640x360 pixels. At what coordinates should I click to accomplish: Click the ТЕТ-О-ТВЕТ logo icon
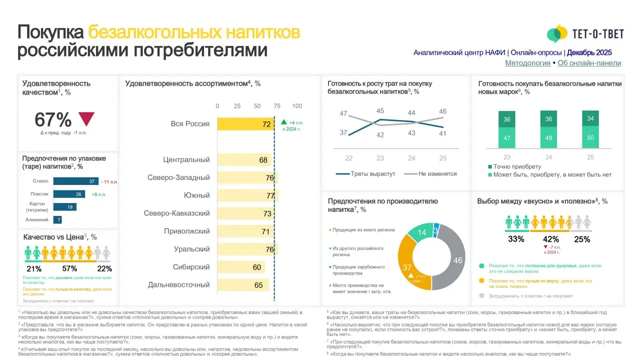(x=557, y=34)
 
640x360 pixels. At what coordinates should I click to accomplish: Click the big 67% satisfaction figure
(x=53, y=120)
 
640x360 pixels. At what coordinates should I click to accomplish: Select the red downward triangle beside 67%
(x=86, y=118)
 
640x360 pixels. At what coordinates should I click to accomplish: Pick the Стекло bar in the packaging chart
(x=75, y=181)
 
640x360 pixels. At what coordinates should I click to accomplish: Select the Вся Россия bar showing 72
(x=245, y=124)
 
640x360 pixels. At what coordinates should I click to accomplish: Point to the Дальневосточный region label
(x=178, y=285)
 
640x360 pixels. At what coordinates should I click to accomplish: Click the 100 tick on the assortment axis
(x=297, y=106)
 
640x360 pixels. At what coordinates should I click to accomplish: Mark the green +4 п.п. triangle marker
(x=283, y=121)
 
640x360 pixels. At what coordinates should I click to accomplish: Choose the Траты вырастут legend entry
(x=365, y=174)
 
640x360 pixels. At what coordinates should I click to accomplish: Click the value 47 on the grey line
(x=343, y=114)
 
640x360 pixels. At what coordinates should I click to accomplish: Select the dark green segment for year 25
(x=590, y=119)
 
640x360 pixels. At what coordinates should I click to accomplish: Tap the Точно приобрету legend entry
(x=517, y=166)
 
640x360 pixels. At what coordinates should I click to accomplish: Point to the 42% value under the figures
(x=550, y=239)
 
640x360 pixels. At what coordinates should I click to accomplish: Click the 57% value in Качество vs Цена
(x=69, y=269)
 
